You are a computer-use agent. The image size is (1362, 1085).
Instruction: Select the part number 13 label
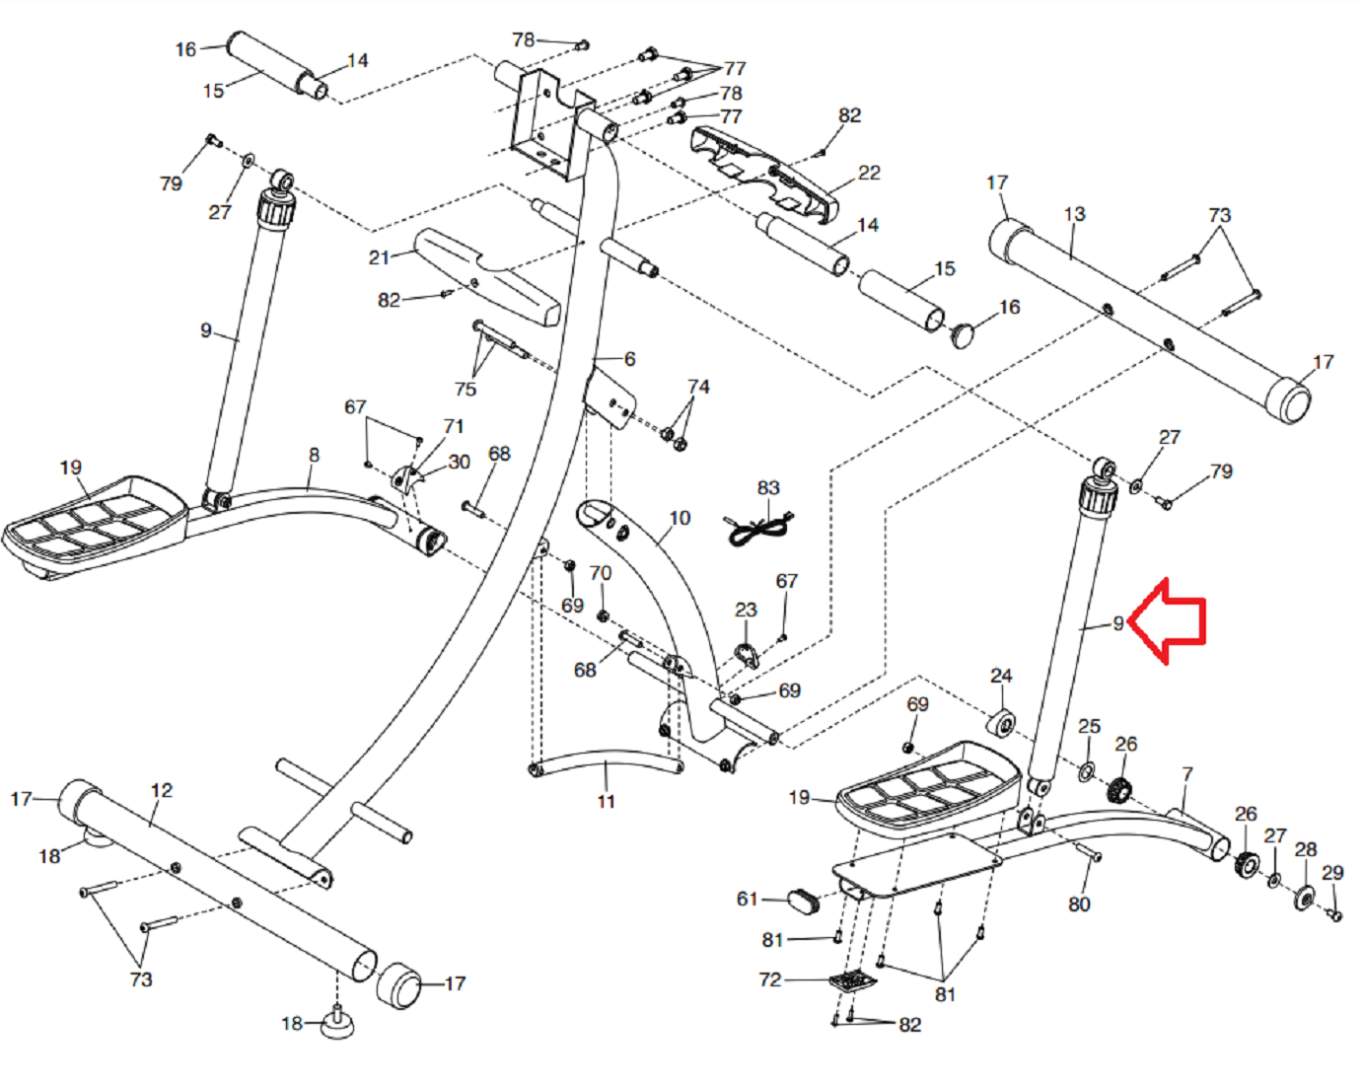pyautogui.click(x=1074, y=214)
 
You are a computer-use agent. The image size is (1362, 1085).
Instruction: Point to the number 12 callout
pyautogui.click(x=162, y=790)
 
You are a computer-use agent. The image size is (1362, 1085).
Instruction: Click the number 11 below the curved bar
pyautogui.click(x=606, y=802)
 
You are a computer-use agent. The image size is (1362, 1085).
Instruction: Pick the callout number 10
pyautogui.click(x=680, y=518)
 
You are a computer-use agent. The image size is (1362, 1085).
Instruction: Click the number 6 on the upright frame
pyautogui.click(x=629, y=359)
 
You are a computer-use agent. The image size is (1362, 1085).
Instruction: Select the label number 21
pyautogui.click(x=379, y=257)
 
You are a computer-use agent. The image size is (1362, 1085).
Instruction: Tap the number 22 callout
pyautogui.click(x=869, y=173)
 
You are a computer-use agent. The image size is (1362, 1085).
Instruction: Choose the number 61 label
pyautogui.click(x=748, y=899)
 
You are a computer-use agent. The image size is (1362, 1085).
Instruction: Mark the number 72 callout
pyautogui.click(x=769, y=979)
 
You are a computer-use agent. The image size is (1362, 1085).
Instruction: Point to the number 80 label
pyautogui.click(x=1079, y=904)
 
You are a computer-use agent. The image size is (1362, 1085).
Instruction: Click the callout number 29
pyautogui.click(x=1332, y=873)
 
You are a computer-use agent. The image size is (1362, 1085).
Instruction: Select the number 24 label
pyautogui.click(x=1001, y=676)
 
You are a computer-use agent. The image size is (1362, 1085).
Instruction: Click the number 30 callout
pyautogui.click(x=459, y=462)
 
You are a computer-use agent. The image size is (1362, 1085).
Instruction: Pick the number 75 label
pyautogui.click(x=466, y=389)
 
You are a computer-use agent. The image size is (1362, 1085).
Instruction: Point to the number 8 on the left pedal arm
pyautogui.click(x=314, y=455)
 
